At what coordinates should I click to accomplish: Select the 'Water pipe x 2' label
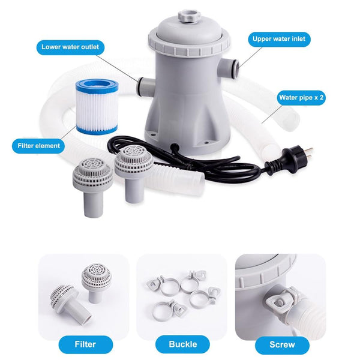[301, 97]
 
